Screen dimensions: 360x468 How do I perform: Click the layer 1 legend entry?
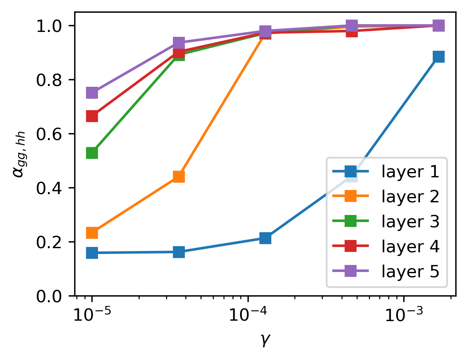point(410,172)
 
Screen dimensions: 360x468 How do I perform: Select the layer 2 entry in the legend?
point(410,197)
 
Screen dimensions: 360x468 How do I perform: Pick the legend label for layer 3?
point(410,222)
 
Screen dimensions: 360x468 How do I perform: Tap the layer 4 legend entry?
point(410,247)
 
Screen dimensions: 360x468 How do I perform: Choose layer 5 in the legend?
point(410,271)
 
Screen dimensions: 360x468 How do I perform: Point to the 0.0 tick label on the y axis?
point(52,296)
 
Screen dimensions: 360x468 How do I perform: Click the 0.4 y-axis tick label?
point(52,188)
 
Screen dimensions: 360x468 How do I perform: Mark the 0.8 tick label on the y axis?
point(52,80)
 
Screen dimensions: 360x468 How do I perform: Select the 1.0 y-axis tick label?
point(52,26)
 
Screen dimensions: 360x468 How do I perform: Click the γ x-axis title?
point(265,340)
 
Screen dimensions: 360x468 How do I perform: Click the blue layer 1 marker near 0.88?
point(438,57)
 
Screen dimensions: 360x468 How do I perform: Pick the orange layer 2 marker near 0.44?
point(178,177)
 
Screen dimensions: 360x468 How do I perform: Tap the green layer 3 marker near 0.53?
point(92,153)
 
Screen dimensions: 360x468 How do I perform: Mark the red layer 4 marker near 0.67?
point(92,116)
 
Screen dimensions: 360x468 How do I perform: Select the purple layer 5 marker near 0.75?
point(92,93)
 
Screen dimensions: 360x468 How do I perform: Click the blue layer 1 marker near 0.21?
point(265,238)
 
